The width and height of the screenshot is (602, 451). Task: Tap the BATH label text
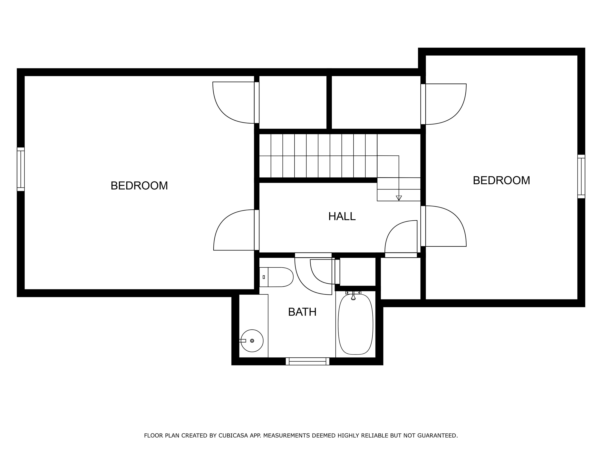click(x=302, y=312)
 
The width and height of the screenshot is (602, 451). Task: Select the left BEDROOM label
click(x=139, y=186)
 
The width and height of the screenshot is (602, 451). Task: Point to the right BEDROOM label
click(x=501, y=180)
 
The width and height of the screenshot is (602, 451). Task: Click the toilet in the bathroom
click(x=276, y=277)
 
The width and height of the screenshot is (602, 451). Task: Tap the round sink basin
click(x=252, y=341)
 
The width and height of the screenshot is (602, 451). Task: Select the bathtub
click(x=355, y=324)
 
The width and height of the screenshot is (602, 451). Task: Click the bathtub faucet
click(x=353, y=296)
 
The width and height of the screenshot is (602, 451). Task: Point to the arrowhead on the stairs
click(x=399, y=198)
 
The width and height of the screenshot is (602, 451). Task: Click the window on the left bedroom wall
click(x=21, y=169)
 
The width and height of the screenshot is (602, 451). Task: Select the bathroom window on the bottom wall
click(x=307, y=361)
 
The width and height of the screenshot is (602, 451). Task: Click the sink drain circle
click(x=252, y=341)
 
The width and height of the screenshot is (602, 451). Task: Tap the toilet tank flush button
click(x=264, y=277)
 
